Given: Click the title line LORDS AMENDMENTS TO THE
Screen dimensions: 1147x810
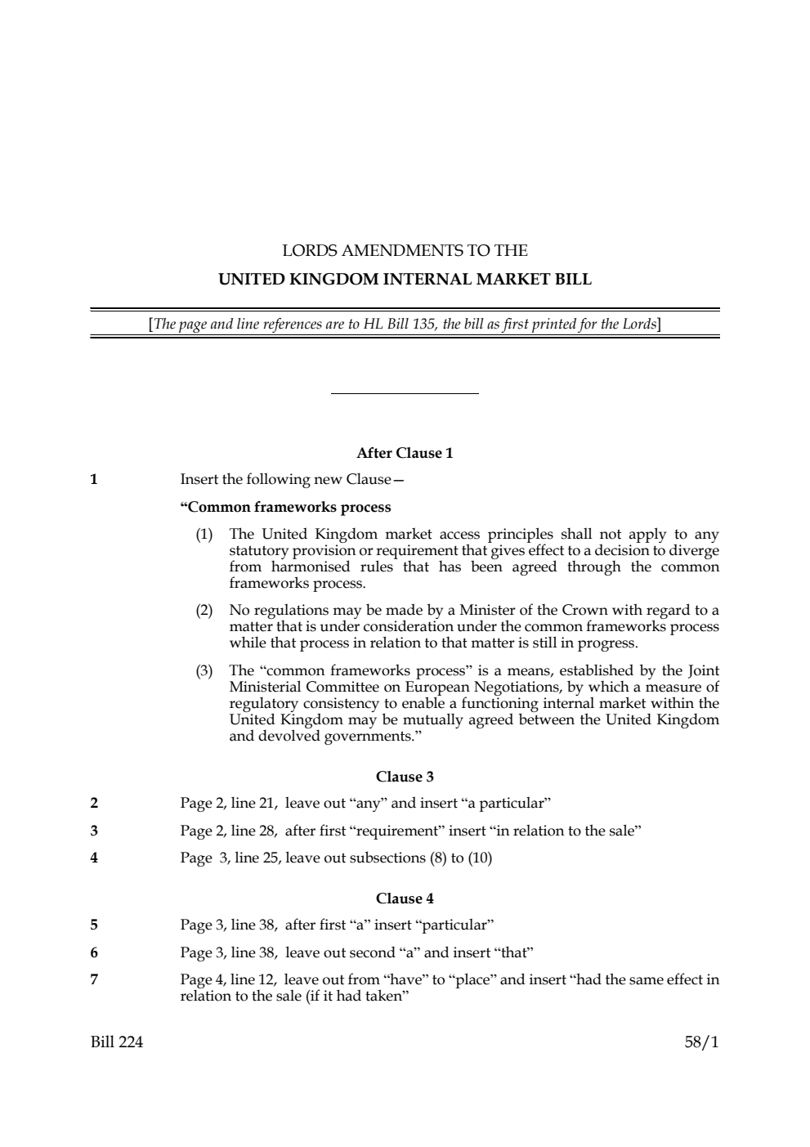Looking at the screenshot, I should point(405,250).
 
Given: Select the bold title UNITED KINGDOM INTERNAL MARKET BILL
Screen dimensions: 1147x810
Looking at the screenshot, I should point(405,279).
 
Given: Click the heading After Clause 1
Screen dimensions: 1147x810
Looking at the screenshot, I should point(405,453).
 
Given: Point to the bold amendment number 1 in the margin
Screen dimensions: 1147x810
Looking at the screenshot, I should point(94,479).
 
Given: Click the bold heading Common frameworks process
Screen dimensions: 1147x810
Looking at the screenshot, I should point(285,507).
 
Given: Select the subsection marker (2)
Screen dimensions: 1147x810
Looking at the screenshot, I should point(204,610).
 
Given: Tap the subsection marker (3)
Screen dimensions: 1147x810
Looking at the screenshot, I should point(204,671).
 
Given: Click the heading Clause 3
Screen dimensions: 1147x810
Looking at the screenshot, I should point(405,777).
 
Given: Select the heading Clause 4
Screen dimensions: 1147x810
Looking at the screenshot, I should point(405,898).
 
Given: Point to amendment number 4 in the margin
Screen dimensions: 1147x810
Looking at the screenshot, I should point(94,858).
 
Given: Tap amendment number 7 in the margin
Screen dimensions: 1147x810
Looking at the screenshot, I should point(94,979).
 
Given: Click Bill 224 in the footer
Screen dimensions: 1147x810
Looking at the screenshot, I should point(116,1042).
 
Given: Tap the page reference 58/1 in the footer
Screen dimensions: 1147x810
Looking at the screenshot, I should point(702,1042).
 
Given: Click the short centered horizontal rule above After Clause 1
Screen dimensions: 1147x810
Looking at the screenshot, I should point(405,394).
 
